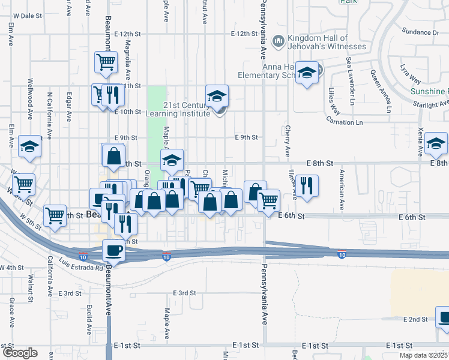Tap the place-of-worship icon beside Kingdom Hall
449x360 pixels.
tap(278, 41)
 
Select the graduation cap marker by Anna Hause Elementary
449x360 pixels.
tap(307, 74)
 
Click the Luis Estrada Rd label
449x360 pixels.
tap(81, 267)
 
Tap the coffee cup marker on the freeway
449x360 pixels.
tap(113, 251)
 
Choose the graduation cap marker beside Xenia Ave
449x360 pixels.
tap(436, 145)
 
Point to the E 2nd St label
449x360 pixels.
tap(415, 319)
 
